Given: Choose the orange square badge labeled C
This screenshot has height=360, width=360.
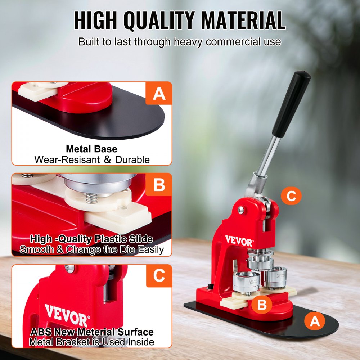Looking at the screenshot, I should click(159, 276).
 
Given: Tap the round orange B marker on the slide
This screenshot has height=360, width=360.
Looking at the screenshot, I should click(262, 305).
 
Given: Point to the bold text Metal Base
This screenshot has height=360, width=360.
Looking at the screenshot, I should click(91, 149).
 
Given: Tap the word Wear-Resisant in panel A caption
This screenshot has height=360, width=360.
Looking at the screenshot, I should click(67, 159).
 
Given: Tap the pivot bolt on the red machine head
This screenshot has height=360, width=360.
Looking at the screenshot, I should click(240, 210).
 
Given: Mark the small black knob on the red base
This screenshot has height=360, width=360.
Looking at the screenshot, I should click(209, 287).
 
